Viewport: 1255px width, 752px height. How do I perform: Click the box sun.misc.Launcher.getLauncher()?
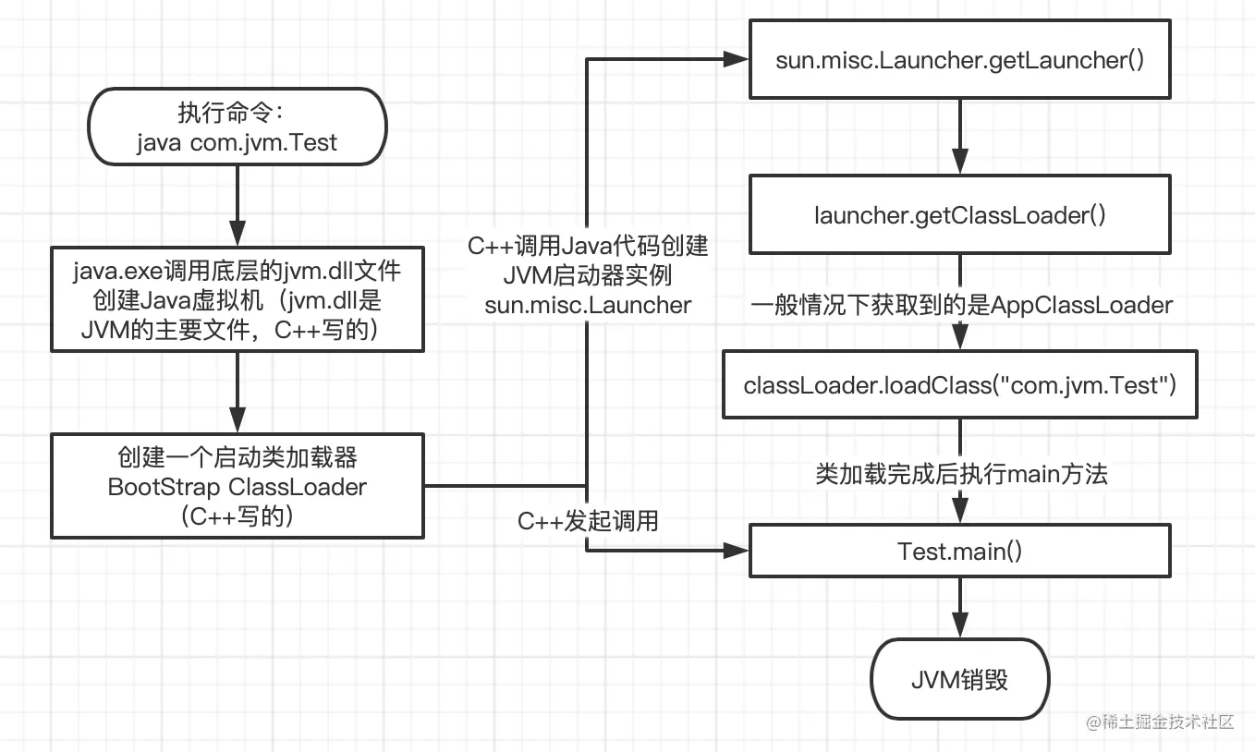(960, 62)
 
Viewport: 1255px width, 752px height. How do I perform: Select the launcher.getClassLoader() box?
(960, 215)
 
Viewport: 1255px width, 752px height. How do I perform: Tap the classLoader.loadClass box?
(960, 384)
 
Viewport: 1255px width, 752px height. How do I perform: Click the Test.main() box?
(960, 552)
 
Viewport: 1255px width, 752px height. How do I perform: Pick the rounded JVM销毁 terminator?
(960, 681)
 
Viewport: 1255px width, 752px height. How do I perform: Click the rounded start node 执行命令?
(238, 127)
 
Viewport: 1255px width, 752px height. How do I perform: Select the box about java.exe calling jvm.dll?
(238, 298)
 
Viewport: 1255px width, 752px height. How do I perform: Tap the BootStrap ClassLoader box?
(238, 486)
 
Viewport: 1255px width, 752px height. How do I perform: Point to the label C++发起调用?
(588, 521)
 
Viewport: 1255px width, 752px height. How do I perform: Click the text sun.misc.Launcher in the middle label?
(588, 305)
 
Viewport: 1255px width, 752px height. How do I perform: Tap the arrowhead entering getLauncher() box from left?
(737, 59)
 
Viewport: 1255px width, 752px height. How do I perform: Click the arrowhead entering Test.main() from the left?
(737, 551)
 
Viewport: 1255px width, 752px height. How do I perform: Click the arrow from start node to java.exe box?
(238, 207)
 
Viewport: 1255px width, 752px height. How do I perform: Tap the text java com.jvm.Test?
(238, 142)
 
